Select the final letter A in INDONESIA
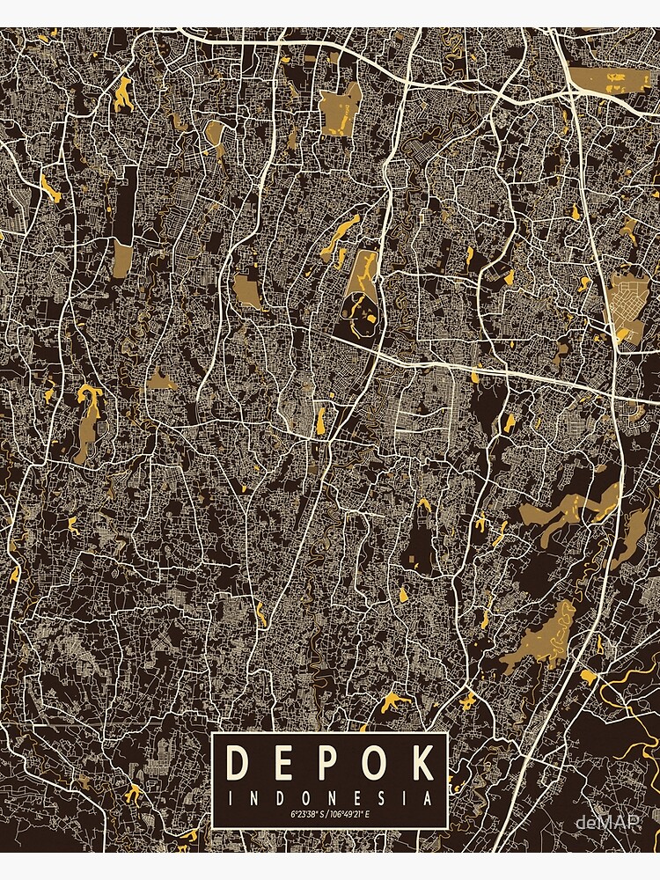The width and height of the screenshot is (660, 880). [x=429, y=799]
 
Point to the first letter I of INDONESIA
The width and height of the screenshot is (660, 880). [x=231, y=799]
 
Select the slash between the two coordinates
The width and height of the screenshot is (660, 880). [x=327, y=815]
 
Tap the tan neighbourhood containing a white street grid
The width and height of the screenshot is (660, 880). [x=628, y=304]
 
